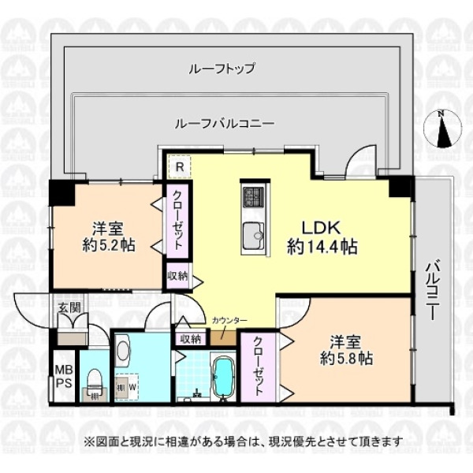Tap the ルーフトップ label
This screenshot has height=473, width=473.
point(222,69)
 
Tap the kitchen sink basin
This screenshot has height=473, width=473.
point(254,233)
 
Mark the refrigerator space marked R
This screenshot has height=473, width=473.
point(180,167)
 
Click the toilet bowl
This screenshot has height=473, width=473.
point(95,382)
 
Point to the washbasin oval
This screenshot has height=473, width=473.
point(123,351)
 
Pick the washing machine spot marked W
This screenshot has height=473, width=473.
point(132,387)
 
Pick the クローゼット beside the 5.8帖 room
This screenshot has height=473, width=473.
point(257,367)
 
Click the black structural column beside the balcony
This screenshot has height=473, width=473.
point(401,187)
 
